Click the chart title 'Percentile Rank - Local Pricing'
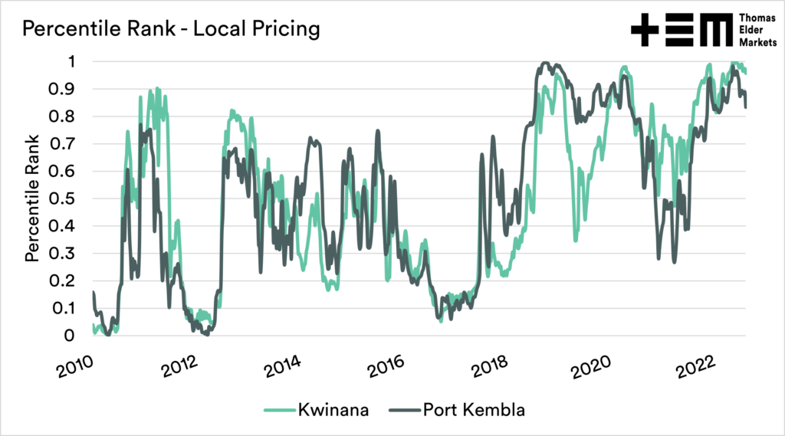(170, 30)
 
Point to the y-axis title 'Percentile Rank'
(32, 198)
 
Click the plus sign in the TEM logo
(645, 30)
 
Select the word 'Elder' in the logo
(752, 30)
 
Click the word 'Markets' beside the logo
(757, 43)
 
